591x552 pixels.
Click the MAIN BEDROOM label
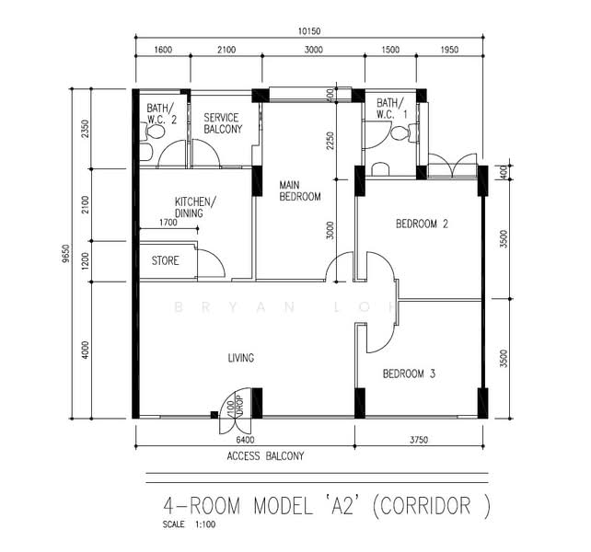click(300, 190)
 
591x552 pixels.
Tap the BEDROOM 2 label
click(422, 224)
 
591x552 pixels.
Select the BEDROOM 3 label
click(409, 374)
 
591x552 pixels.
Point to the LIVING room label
click(241, 358)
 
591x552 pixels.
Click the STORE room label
click(165, 260)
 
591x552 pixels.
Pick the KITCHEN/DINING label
click(195, 207)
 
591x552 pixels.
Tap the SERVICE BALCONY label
click(223, 123)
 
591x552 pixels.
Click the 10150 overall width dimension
click(309, 31)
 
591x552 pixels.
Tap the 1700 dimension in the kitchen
click(168, 223)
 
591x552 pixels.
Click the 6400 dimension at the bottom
click(245, 440)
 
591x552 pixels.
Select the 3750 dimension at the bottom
click(419, 440)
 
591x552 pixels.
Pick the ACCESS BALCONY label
click(265, 456)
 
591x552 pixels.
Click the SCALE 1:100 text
click(189, 524)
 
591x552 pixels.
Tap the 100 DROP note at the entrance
click(235, 407)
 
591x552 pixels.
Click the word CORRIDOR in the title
click(425, 506)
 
